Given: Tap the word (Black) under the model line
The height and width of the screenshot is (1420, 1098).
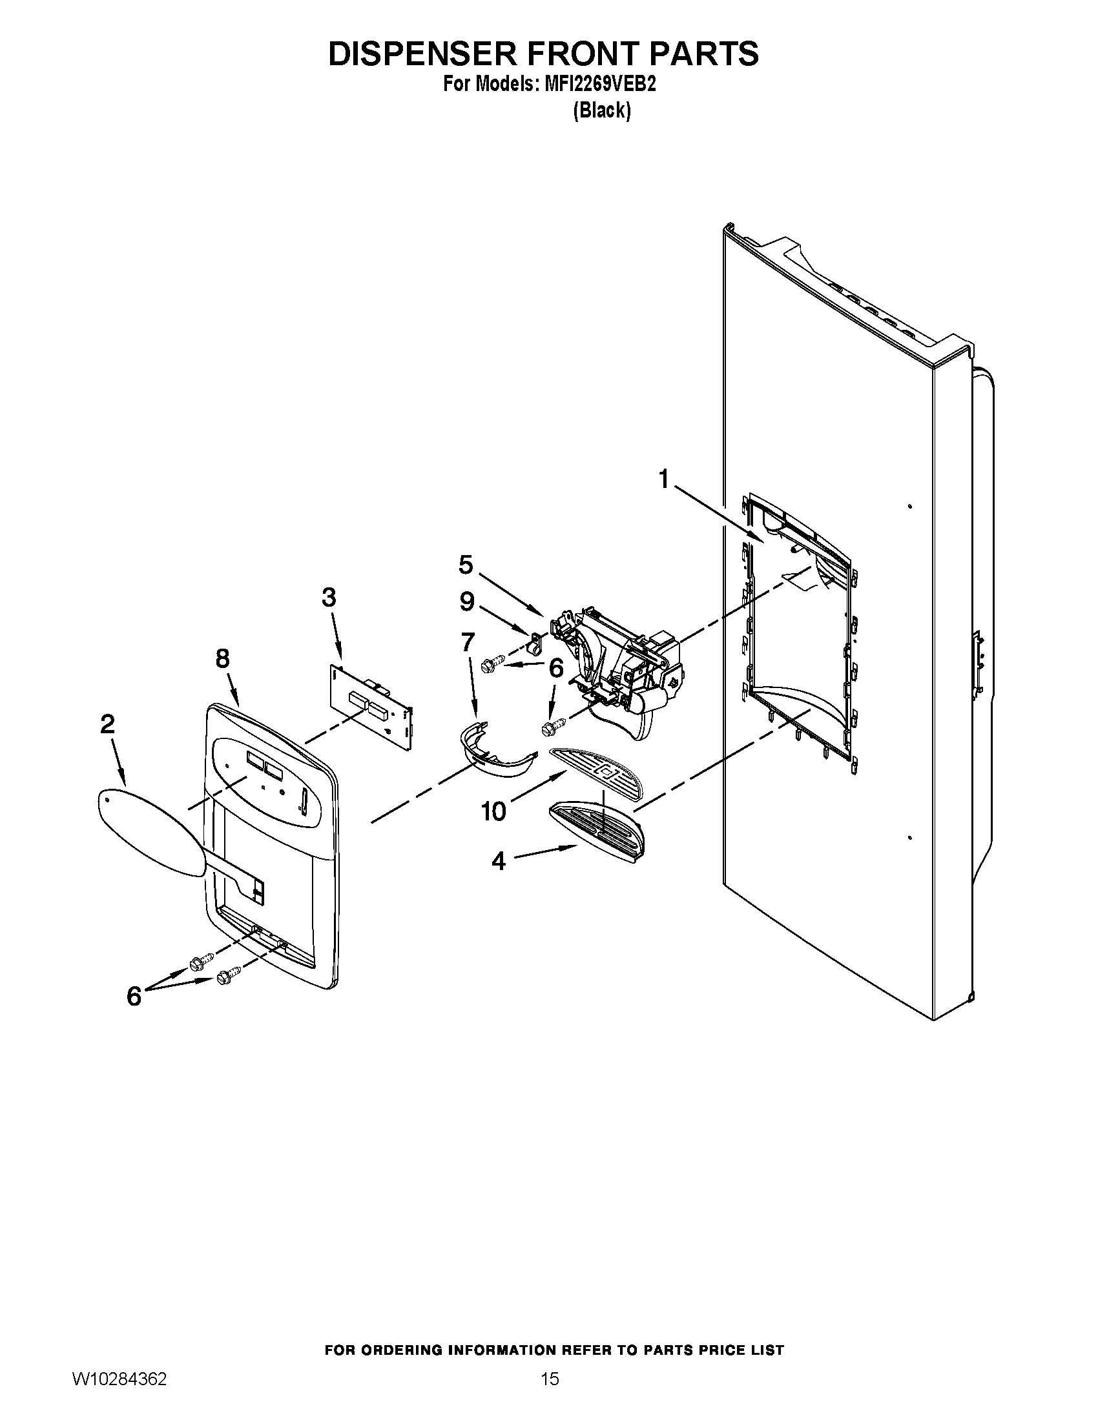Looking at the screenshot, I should pos(602,111).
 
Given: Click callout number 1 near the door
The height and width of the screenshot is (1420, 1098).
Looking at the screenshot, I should pos(663,480).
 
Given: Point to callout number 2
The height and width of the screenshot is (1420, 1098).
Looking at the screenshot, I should pos(107,724).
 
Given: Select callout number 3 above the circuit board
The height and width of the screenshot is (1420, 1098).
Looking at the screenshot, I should pos(329,597).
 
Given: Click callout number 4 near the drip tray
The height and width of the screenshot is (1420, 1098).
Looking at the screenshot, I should pos(498,862).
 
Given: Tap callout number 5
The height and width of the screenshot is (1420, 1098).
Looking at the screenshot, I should pos(466,564).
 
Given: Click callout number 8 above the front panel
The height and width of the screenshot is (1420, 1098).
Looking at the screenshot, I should pos(222,659).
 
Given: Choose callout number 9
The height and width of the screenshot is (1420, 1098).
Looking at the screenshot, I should pos(467,602).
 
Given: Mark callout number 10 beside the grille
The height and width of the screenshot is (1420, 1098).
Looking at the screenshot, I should pos(493,811).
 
